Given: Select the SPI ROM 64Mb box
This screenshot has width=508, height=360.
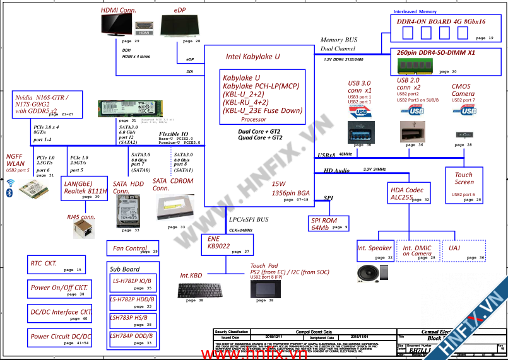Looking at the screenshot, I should pyautogui.click(x=329, y=223).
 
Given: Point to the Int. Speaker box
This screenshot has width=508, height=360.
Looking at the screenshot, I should pyautogui.click(x=375, y=250).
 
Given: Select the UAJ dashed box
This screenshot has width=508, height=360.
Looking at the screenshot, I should pyautogui.click(x=464, y=250).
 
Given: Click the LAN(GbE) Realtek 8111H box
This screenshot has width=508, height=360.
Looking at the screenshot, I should pyautogui.click(x=86, y=189).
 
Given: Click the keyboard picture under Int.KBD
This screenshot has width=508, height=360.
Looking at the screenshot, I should pyautogui.click(x=200, y=291).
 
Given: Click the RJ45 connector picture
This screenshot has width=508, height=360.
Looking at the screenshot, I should pyautogui.click(x=81, y=230).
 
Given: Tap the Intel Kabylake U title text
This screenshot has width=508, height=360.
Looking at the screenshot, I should pyautogui.click(x=252, y=56).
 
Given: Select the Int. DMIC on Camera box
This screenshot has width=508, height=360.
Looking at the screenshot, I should pyautogui.click(x=417, y=250).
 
